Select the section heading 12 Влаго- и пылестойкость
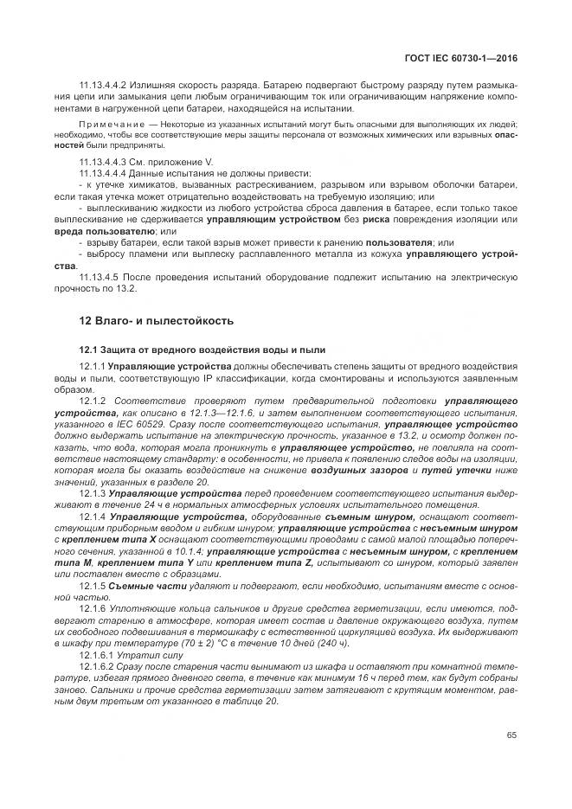[x=157, y=321]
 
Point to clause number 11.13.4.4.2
[x=103, y=85]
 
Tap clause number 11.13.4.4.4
[x=103, y=174]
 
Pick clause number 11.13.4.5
[x=99, y=276]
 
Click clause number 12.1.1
[x=91, y=367]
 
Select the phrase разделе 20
[x=186, y=482]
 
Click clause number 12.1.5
[x=91, y=584]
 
